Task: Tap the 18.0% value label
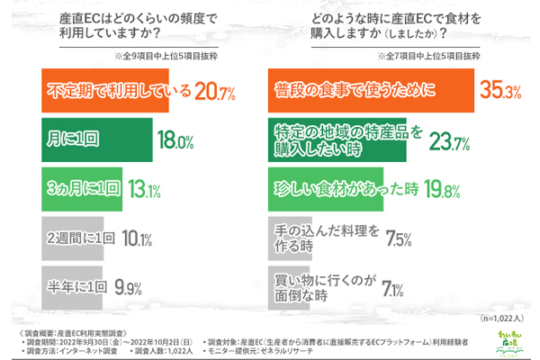(176, 141)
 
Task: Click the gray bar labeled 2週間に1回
(79, 238)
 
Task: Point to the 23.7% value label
(447, 141)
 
